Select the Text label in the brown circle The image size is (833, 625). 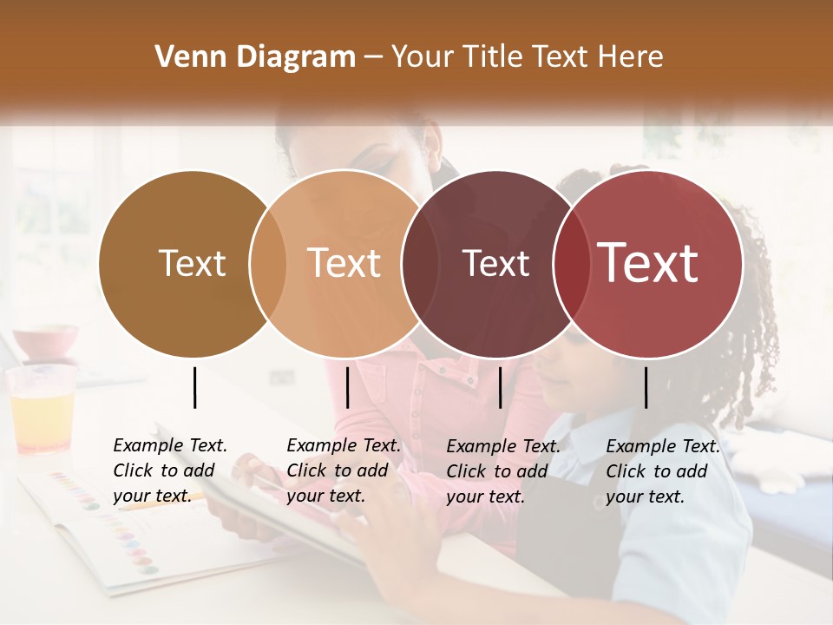(192, 263)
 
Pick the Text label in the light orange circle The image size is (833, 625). (344, 263)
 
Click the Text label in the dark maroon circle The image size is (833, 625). (495, 264)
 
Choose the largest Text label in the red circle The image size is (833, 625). (648, 263)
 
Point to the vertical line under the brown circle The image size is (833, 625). (194, 387)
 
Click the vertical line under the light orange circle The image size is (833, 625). (347, 387)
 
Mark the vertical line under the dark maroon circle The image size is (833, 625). (500, 387)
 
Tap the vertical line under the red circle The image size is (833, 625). (646, 387)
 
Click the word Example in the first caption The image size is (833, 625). (148, 446)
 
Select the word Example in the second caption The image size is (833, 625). (322, 446)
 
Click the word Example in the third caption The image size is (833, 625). (482, 447)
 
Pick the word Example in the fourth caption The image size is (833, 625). (641, 447)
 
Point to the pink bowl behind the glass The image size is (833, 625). (45, 341)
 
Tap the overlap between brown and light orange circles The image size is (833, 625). (268, 263)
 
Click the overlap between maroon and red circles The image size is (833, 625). (571, 263)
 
